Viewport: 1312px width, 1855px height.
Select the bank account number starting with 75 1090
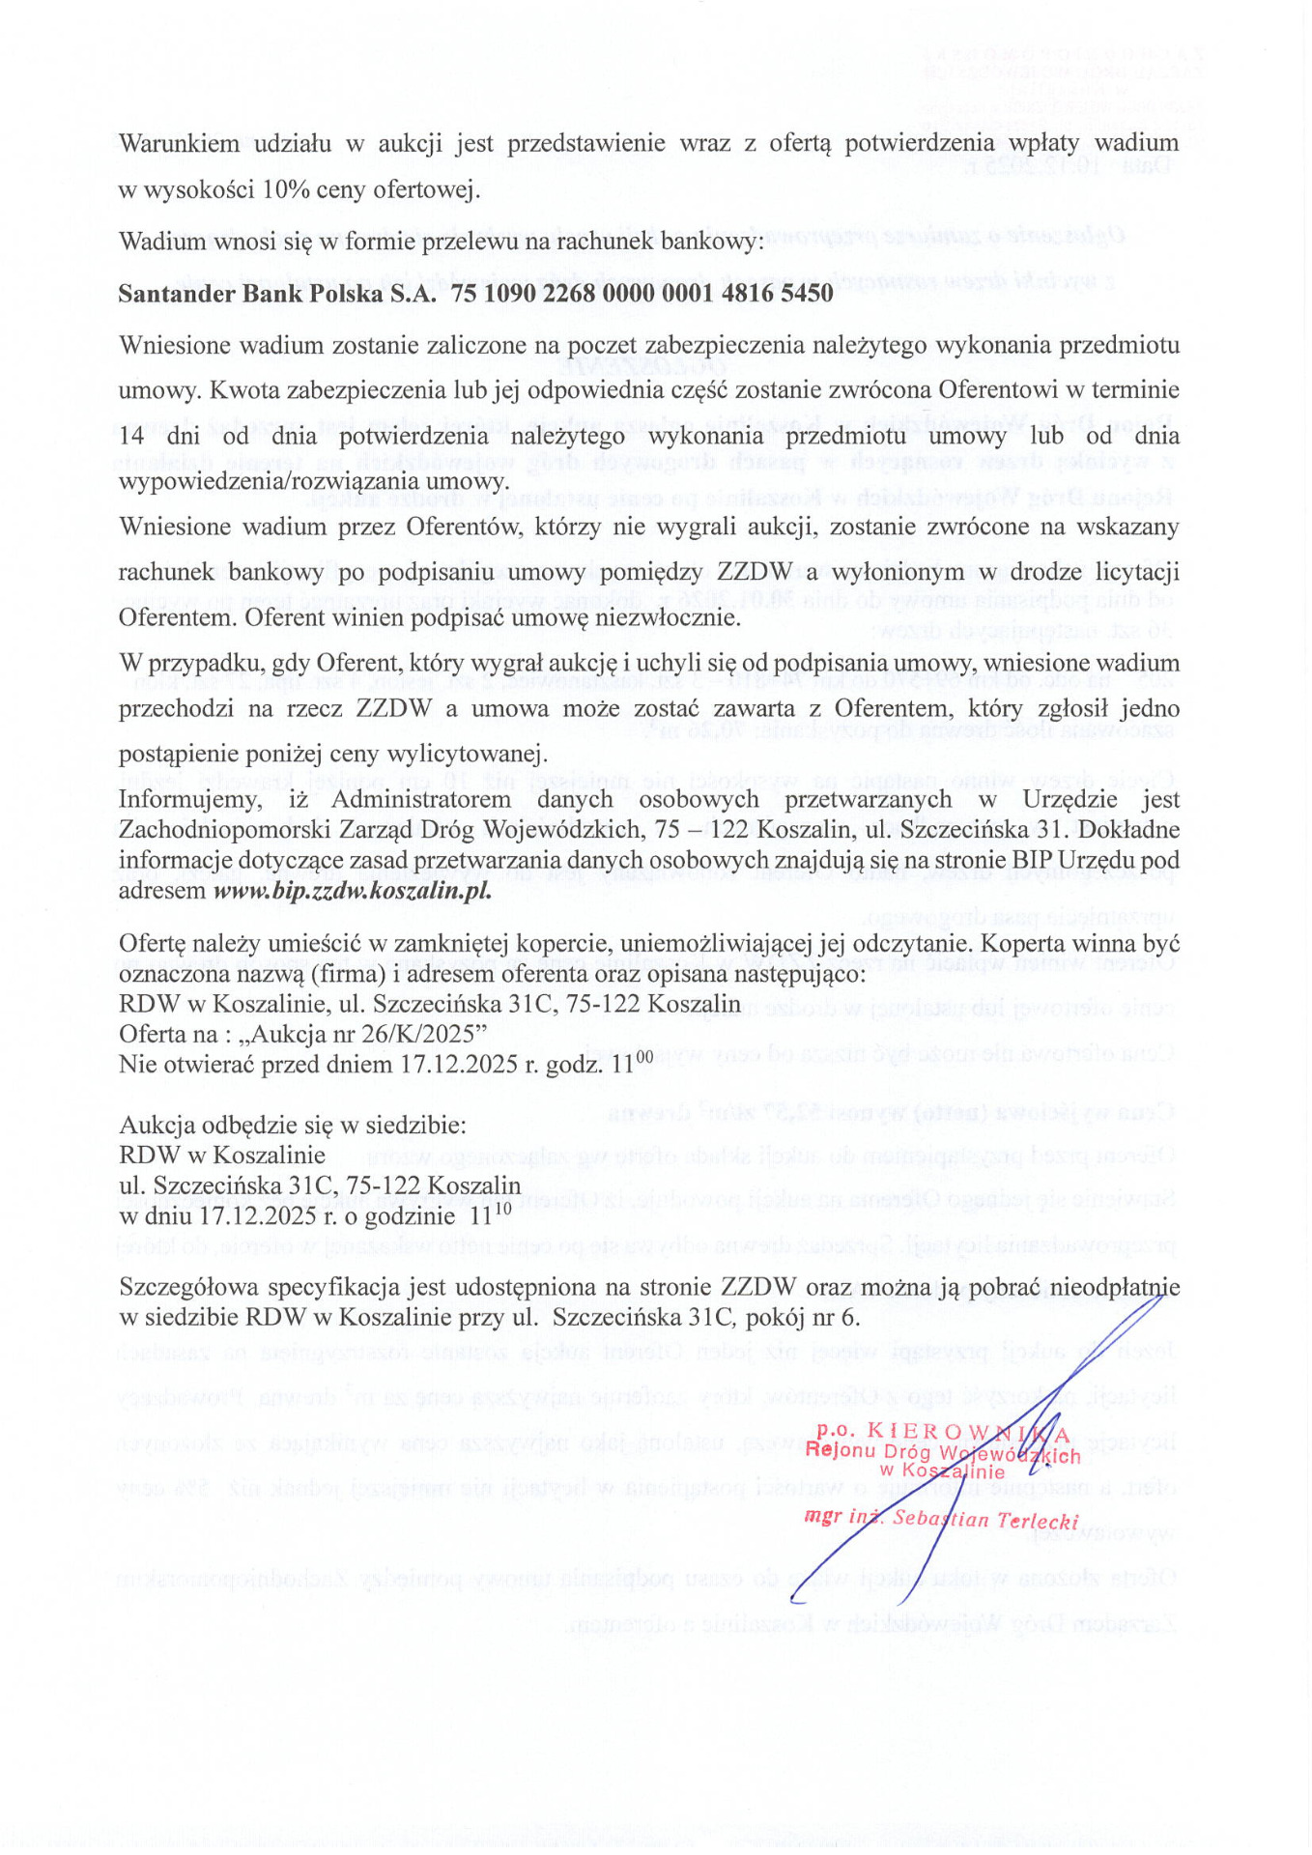(x=642, y=294)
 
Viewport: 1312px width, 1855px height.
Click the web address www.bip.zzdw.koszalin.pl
(x=353, y=890)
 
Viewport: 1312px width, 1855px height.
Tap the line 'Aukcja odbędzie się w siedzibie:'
(x=292, y=1125)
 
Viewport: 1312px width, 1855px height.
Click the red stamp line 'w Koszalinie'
(x=942, y=1472)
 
